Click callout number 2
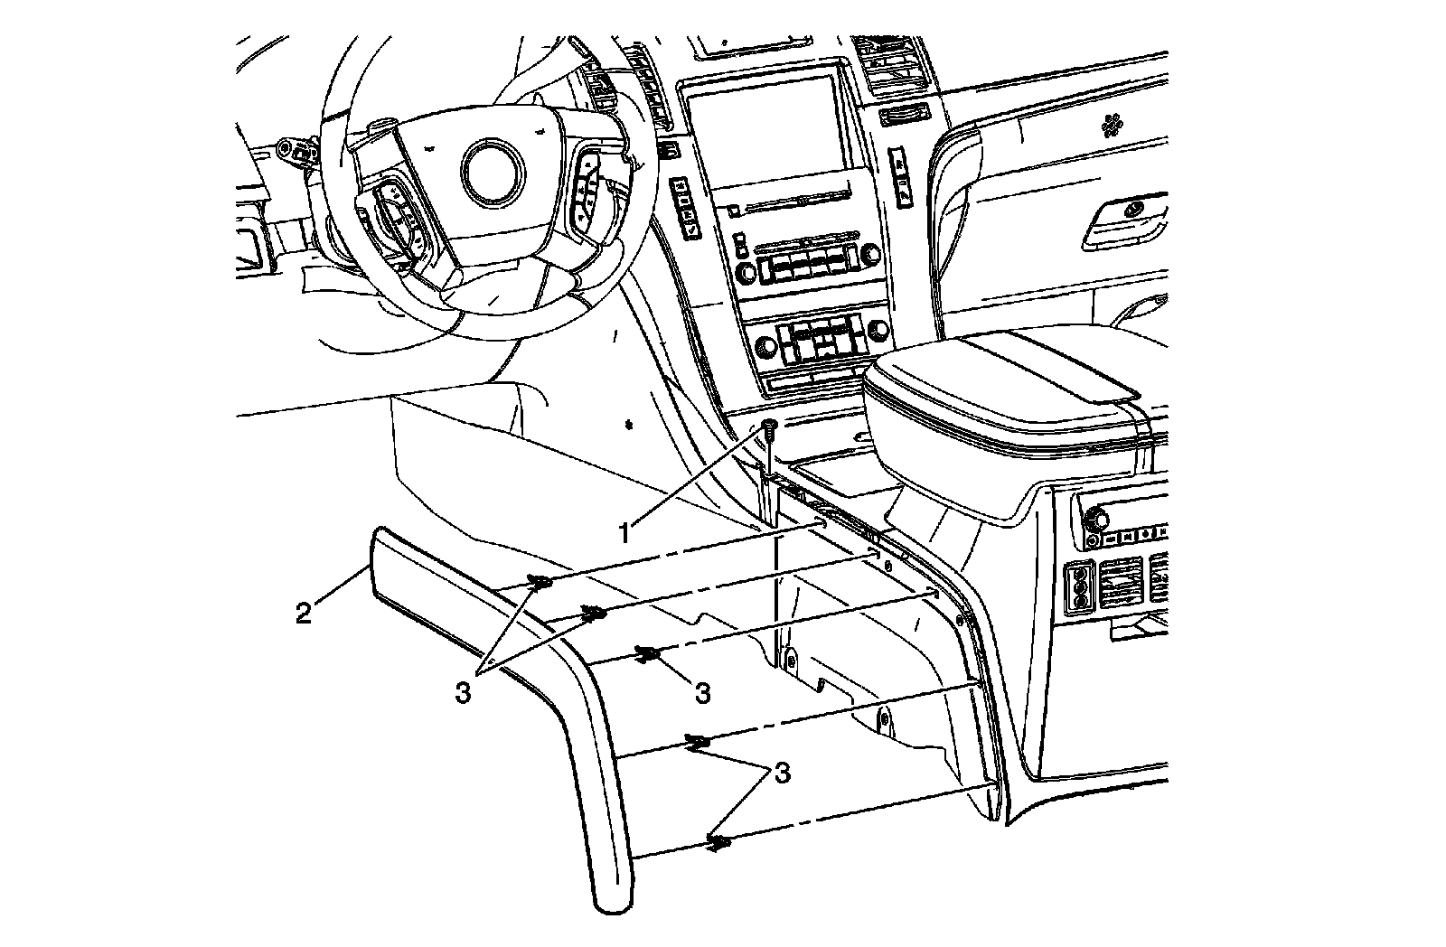(305, 614)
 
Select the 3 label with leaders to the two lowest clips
(782, 774)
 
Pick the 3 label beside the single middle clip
(702, 693)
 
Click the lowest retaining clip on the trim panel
(718, 844)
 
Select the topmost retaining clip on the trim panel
(540, 583)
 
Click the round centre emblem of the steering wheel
(492, 170)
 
